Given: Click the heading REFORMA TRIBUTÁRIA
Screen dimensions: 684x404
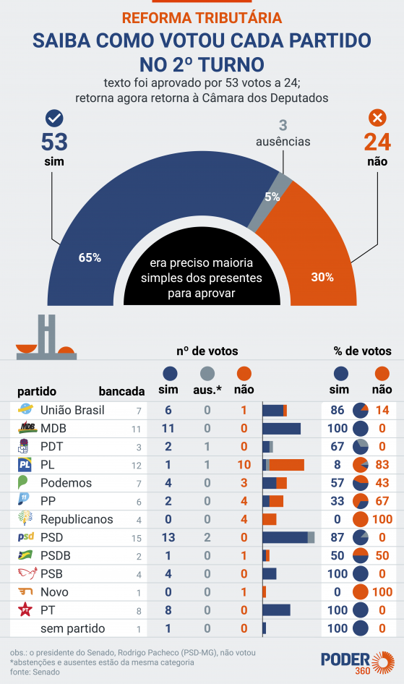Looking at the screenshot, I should [202, 17].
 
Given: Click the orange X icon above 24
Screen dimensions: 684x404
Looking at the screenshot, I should [377, 119].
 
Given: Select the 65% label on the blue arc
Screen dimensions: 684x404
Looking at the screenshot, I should [90, 257].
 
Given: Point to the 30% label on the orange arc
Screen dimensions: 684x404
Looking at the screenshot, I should [322, 276].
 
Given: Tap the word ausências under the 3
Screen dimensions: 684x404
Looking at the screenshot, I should [283, 141].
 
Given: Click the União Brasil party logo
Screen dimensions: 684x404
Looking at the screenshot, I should [27, 410].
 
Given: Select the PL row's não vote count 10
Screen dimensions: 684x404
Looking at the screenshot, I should [244, 464].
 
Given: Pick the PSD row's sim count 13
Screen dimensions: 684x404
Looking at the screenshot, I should [168, 537].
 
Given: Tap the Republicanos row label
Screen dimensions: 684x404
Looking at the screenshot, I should [77, 519].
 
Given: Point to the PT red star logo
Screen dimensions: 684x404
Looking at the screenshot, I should [27, 610].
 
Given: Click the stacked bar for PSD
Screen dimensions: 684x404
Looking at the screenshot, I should [288, 537].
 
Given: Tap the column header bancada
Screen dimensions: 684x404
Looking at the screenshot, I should [121, 391].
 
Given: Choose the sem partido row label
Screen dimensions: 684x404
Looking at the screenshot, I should [72, 628].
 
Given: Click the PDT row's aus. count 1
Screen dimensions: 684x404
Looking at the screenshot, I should [207, 446].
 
